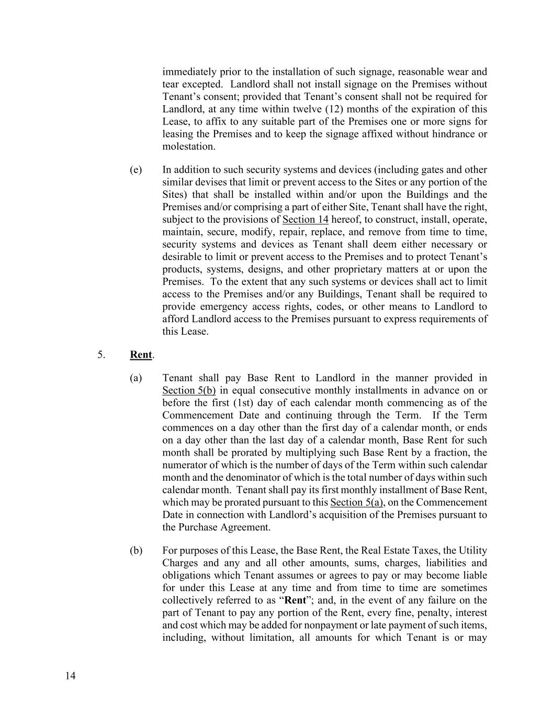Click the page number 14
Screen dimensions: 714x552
pos(71,676)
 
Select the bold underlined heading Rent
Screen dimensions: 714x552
pos(141,355)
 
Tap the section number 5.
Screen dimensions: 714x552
pos(101,355)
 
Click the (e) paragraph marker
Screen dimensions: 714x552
pos(136,170)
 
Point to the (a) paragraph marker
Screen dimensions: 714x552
pos(136,378)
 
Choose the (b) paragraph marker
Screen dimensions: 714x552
pos(136,551)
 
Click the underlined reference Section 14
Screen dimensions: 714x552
pos(305,220)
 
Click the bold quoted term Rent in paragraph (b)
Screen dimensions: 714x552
pos(295,600)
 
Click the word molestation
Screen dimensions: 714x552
pos(188,146)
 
